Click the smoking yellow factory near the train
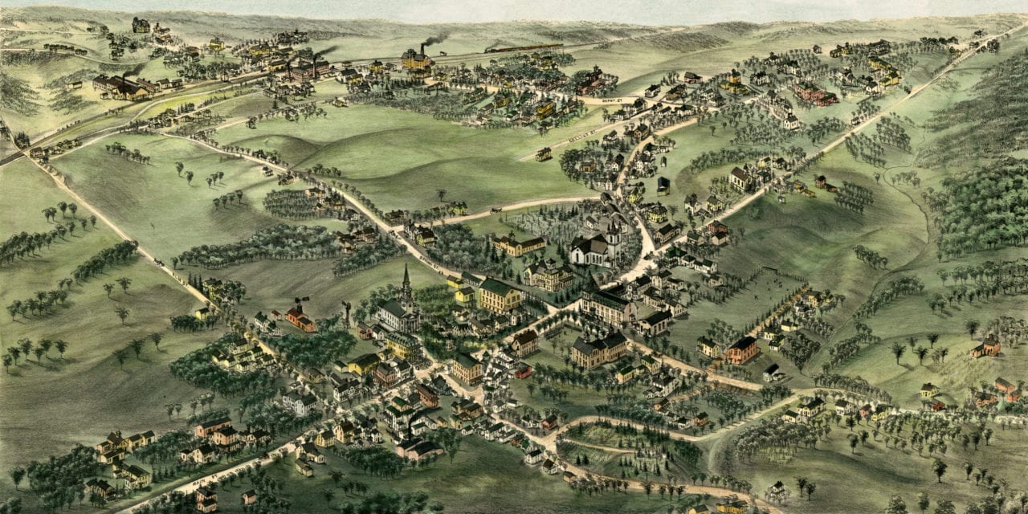[416, 59]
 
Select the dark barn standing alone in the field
[663, 186]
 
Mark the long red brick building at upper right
[816, 94]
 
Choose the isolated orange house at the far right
[985, 348]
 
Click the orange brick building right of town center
[741, 350]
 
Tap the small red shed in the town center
[523, 371]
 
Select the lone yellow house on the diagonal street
[544, 153]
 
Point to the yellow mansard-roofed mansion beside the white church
[550, 275]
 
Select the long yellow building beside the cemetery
[519, 245]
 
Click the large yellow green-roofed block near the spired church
[500, 296]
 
